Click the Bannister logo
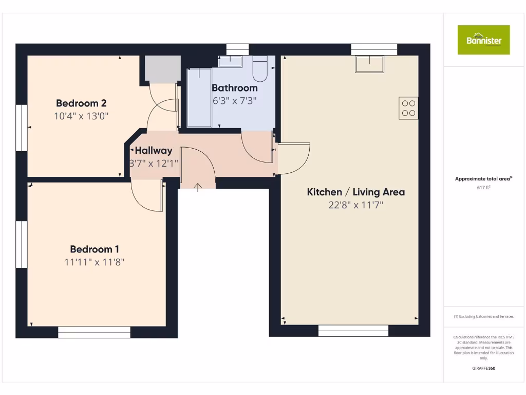[483, 40]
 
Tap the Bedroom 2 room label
[81, 103]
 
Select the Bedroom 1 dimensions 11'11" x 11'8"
[95, 262]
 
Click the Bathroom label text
[234, 88]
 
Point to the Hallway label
[153, 151]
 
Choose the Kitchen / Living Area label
[355, 192]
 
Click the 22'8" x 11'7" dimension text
[355, 205]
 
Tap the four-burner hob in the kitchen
[408, 108]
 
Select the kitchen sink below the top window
[369, 64]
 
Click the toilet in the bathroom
[260, 69]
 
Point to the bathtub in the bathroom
[199, 97]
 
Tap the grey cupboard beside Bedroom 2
[162, 69]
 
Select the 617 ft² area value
[483, 188]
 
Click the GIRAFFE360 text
[483, 368]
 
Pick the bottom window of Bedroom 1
[94, 332]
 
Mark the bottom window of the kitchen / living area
[353, 331]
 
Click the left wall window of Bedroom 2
[21, 128]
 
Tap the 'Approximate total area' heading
[483, 179]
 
